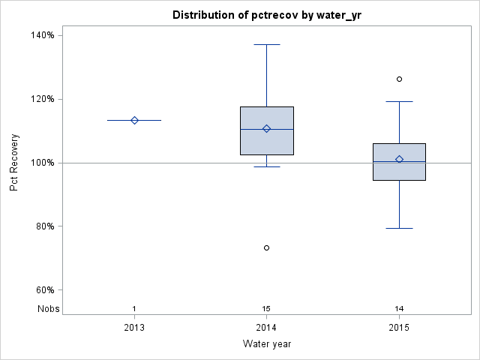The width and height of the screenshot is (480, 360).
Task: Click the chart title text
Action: click(267, 15)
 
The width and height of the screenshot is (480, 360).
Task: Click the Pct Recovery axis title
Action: click(14, 163)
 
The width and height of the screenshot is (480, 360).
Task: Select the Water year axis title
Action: click(267, 344)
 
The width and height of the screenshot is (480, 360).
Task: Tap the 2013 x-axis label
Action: click(134, 328)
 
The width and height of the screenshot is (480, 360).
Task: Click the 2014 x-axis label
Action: click(267, 328)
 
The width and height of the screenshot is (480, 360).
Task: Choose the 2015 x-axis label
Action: click(399, 328)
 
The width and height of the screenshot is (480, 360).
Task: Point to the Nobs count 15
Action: click(267, 309)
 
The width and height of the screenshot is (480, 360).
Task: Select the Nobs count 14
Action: click(399, 309)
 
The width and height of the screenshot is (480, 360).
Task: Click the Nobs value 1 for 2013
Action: click(134, 309)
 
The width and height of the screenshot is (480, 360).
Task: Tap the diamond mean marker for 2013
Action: click(134, 120)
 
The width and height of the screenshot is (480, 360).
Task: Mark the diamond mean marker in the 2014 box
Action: click(267, 128)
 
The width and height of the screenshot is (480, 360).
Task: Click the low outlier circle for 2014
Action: click(267, 247)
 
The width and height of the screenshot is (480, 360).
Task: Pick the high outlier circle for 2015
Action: click(399, 79)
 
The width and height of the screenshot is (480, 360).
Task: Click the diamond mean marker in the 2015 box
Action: click(399, 159)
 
